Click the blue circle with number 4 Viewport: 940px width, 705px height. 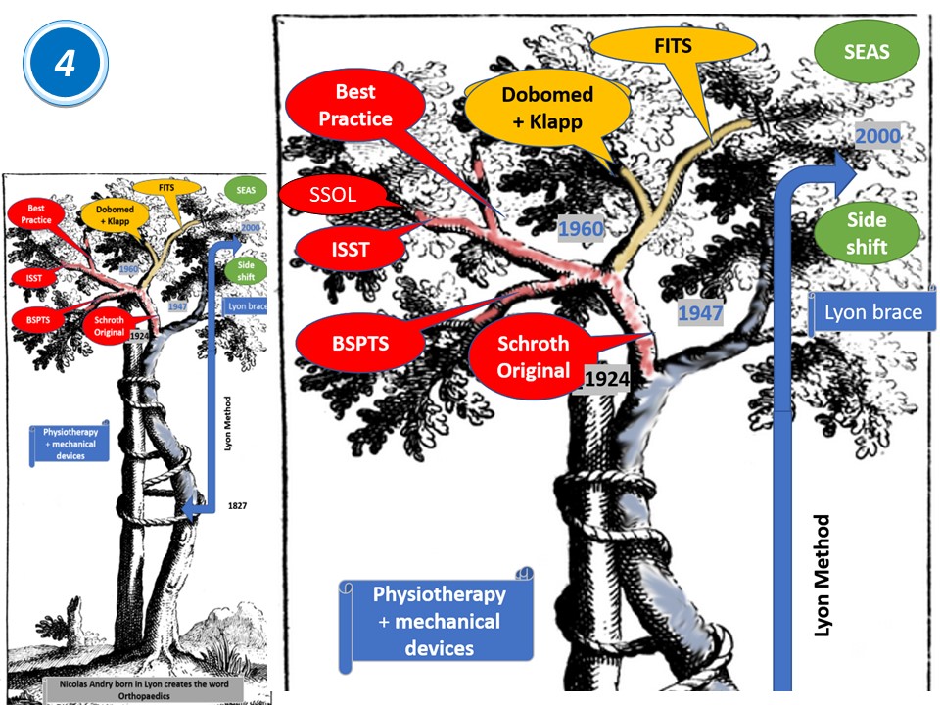65,64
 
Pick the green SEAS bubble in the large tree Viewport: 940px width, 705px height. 867,51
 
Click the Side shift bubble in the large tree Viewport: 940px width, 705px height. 867,234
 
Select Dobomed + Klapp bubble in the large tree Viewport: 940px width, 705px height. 547,108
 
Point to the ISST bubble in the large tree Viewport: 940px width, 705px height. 350,249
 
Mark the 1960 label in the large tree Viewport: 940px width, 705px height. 580,230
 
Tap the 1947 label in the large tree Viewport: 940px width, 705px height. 699,313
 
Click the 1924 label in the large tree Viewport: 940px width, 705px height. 605,378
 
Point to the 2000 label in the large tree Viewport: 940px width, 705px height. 877,136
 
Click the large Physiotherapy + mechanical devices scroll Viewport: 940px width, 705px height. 439,621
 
